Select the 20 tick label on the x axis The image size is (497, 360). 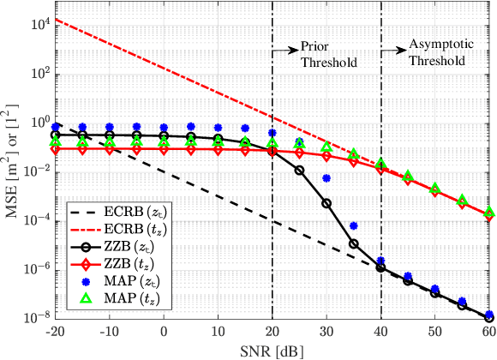click(x=272, y=330)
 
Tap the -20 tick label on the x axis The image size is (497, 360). click(x=56, y=330)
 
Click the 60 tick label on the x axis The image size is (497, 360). click(x=488, y=330)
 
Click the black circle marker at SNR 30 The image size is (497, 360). click(x=326, y=203)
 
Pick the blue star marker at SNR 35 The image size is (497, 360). click(x=353, y=225)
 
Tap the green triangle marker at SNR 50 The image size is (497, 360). click(x=434, y=189)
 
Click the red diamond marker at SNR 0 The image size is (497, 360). click(x=165, y=149)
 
